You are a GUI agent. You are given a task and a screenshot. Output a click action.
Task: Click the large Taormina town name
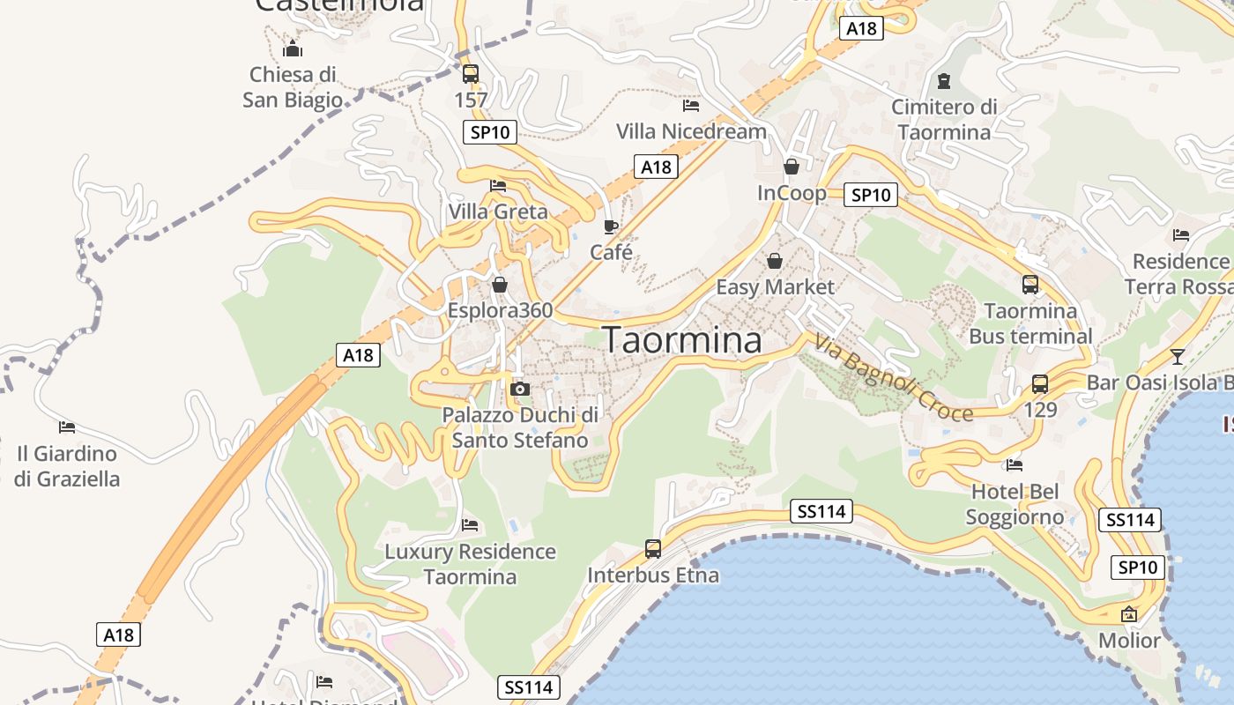coord(682,340)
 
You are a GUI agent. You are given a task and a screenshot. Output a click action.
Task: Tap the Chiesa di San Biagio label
coord(293,86)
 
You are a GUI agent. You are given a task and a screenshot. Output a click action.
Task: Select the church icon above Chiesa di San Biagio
coord(293,48)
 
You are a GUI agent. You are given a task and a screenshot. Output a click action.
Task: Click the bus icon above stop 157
coord(471,73)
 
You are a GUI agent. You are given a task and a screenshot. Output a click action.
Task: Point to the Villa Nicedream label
coord(691,131)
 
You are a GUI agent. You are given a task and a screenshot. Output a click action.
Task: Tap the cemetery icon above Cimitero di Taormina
coord(944,82)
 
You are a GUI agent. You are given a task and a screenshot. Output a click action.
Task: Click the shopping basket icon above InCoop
coord(792,167)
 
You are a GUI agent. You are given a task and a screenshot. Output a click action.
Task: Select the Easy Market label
coord(775,286)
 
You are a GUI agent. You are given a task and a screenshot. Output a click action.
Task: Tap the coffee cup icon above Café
coord(611,227)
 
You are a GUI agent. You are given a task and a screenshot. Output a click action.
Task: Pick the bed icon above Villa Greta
coord(498,186)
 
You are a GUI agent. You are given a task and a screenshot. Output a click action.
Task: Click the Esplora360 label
coord(500,310)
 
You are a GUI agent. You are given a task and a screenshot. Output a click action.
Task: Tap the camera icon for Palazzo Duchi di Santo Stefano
coord(520,389)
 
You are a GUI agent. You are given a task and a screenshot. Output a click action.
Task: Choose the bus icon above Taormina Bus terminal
coord(1030,285)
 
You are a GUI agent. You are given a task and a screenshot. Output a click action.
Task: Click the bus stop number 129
coord(1040,410)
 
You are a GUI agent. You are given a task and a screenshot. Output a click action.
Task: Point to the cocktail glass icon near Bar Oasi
coord(1178,357)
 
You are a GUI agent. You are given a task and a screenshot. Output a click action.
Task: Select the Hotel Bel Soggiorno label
coord(1015,504)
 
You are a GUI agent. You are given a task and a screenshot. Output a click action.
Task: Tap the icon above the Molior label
coord(1129,614)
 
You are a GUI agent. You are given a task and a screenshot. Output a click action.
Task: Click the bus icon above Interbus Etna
coord(653,549)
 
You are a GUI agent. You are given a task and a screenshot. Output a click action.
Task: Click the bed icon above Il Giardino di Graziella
coord(67,427)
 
